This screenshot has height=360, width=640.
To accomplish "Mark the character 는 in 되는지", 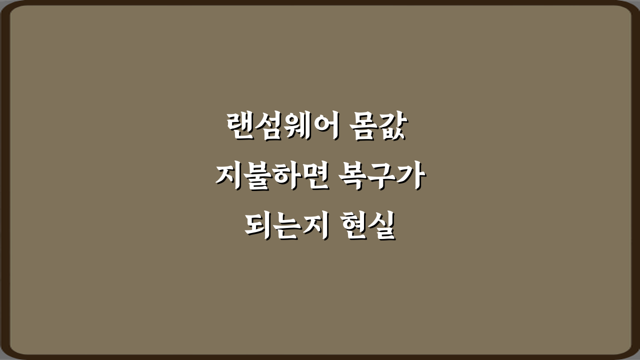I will (286, 226).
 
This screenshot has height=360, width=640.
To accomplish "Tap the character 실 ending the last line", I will (382, 226).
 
